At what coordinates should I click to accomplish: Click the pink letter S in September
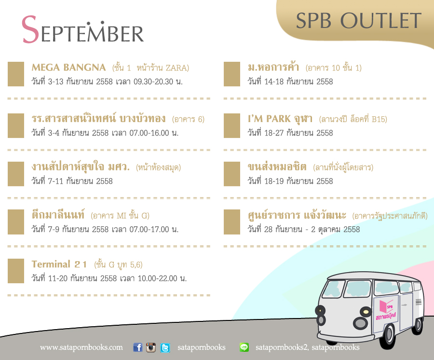tap(30, 29)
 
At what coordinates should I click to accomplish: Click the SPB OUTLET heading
tap(359, 20)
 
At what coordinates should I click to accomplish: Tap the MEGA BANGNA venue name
tap(68, 68)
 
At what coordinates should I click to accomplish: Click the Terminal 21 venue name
tap(59, 264)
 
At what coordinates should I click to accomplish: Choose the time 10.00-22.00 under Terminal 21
tap(158, 278)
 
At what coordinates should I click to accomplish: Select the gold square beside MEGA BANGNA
tap(16, 74)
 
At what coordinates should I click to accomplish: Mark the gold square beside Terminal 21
tap(16, 271)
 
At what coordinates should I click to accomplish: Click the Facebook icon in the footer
tap(138, 347)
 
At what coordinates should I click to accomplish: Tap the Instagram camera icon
tap(151, 347)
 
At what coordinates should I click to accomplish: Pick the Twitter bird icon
tap(165, 347)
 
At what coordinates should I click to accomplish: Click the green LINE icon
tap(244, 347)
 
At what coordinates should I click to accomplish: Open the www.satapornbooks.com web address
tap(81, 347)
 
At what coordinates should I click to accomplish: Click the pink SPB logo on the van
tap(386, 310)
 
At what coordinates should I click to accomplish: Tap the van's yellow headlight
tap(366, 312)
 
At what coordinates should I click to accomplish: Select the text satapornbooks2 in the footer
tap(281, 347)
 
